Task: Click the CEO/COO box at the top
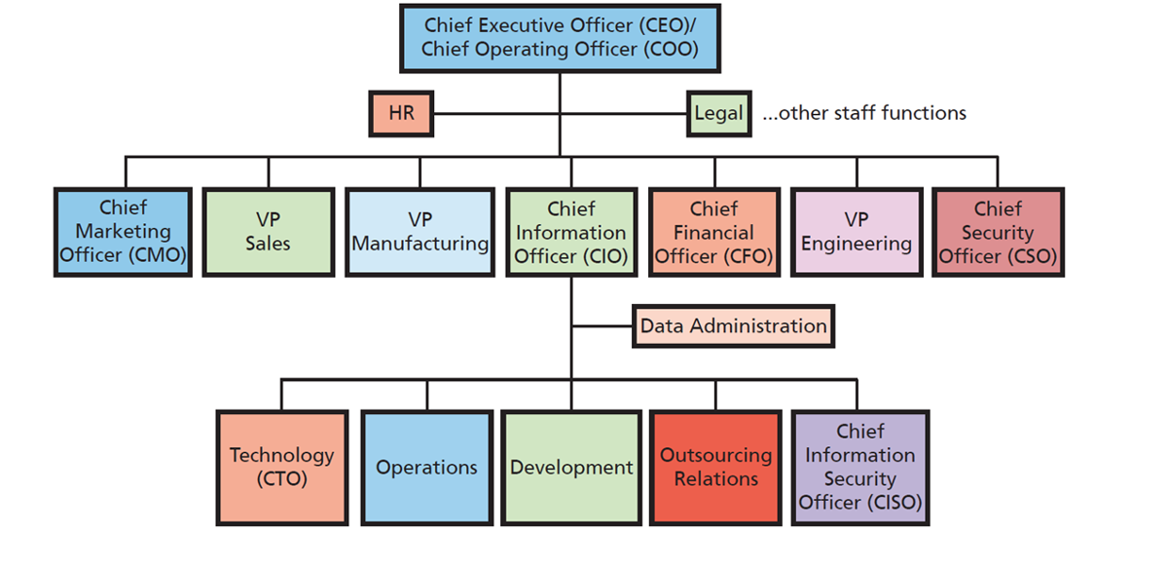560,38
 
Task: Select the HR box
401,113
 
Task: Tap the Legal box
718,113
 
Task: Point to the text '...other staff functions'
864,113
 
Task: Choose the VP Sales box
268,232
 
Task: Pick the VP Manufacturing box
420,232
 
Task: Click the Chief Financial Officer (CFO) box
714,232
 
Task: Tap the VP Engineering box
857,232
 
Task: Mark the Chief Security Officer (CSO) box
998,232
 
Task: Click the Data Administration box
733,326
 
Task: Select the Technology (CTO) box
282,468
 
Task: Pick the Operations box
426,468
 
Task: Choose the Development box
571,468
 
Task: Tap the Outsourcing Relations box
715,468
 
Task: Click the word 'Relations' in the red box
715,479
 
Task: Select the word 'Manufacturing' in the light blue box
420,244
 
